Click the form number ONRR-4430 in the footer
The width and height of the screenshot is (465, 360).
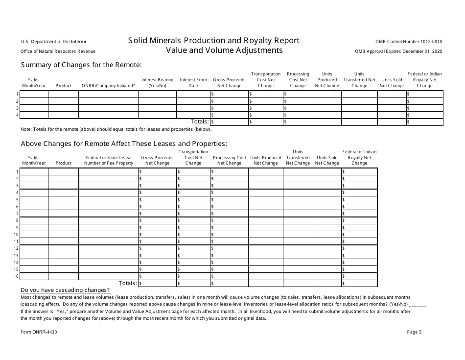(39, 332)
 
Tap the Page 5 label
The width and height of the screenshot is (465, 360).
(414, 332)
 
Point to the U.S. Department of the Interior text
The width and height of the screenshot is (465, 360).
(54, 42)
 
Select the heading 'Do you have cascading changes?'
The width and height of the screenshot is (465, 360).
(65, 290)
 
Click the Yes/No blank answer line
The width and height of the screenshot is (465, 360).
(418, 304)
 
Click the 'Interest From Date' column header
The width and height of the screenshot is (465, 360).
(193, 82)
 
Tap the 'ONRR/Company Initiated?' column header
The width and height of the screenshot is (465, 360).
(108, 86)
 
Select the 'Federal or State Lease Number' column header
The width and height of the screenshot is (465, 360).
(108, 160)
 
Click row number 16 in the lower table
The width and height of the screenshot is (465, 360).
(17, 276)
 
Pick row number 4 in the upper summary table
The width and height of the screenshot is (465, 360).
(17, 115)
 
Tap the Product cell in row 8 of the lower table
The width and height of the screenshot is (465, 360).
(64, 220)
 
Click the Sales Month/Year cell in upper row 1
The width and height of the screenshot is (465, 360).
(34, 94)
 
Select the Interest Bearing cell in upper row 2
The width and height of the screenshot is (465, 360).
(157, 101)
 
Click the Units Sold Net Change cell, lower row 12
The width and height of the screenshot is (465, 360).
(327, 248)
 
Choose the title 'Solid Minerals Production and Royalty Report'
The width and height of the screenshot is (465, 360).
(214, 41)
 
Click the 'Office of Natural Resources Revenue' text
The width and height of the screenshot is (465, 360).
(58, 51)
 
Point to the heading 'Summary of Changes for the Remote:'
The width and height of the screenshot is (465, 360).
(81, 65)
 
